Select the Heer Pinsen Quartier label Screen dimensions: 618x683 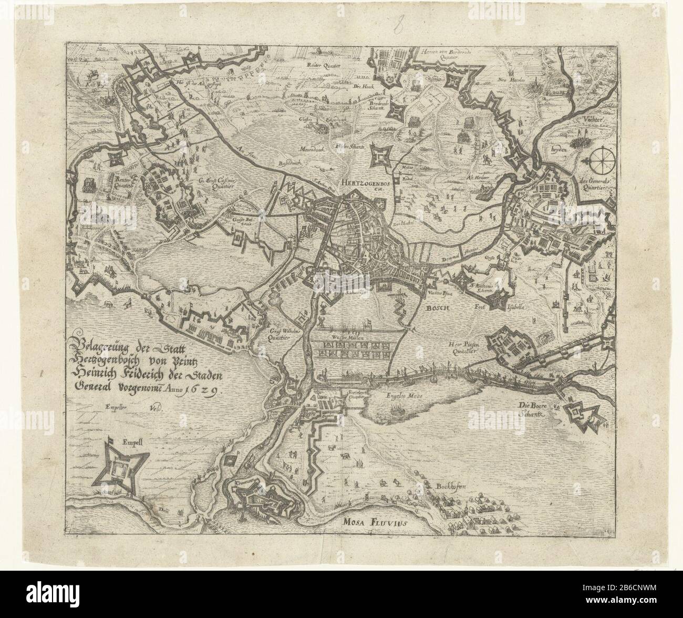click(462, 348)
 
